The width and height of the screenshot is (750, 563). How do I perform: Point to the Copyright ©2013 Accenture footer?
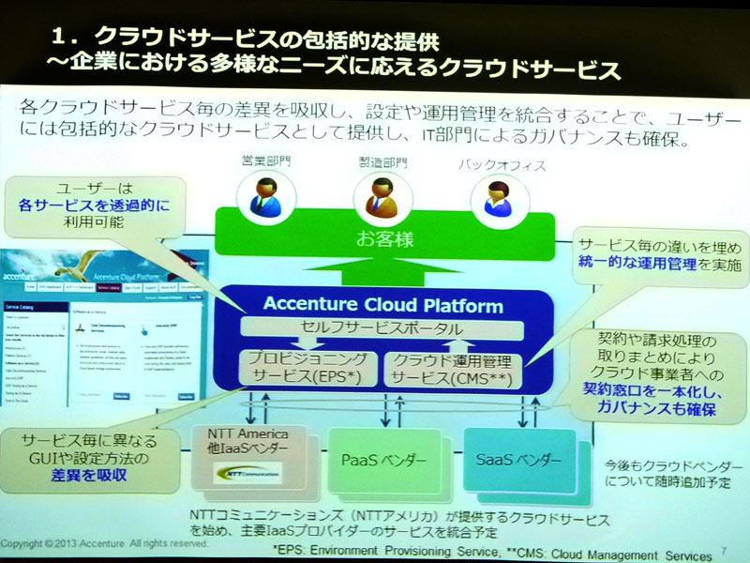coord(103,543)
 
